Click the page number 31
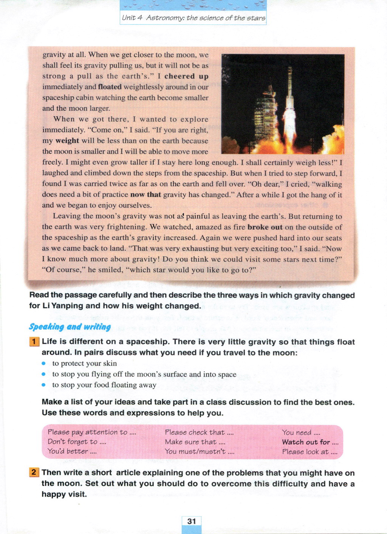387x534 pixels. pos(192,521)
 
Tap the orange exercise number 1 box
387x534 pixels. pos(34,342)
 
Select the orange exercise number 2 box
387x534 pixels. pos(34,472)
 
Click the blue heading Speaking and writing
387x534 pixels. pos(70,327)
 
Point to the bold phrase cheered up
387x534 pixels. pos(186,76)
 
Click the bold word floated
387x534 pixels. pos(110,87)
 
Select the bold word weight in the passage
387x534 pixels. pos(67,141)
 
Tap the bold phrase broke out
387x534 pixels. pos(265,227)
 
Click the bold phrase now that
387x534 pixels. pos(146,195)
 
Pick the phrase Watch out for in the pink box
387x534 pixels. pos(306,442)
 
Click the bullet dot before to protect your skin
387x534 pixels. pos(44,363)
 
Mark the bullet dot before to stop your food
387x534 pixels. pos(44,385)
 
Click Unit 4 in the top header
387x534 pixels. pos(132,18)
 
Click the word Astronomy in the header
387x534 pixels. pos(165,18)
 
